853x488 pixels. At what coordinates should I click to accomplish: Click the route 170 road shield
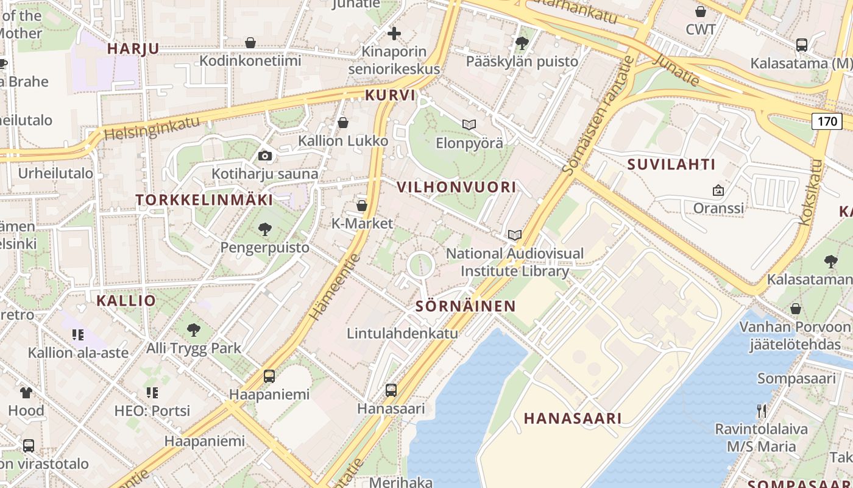click(x=827, y=121)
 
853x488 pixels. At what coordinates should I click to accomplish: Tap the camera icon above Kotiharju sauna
click(x=264, y=156)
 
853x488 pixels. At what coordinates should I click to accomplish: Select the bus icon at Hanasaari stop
click(x=391, y=390)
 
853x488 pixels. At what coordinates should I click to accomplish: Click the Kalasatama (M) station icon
click(x=802, y=45)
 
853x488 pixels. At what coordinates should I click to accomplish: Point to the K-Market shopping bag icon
click(x=362, y=206)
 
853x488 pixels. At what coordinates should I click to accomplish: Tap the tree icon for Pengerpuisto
click(x=264, y=229)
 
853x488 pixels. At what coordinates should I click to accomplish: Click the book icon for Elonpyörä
click(x=469, y=124)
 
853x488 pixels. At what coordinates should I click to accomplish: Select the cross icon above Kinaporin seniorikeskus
click(x=394, y=33)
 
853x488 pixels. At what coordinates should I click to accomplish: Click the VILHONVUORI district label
click(x=456, y=187)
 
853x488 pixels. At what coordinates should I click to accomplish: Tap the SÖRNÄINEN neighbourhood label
click(x=465, y=306)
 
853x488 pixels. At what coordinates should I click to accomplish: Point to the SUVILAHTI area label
click(x=671, y=164)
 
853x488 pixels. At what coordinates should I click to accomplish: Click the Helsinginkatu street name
click(x=152, y=127)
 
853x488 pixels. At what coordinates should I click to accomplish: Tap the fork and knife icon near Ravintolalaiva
click(x=761, y=411)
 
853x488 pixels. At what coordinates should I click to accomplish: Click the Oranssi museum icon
click(x=718, y=190)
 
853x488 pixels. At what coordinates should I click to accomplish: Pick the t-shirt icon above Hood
click(x=26, y=392)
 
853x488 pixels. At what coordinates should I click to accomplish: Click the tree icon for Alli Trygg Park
click(x=194, y=330)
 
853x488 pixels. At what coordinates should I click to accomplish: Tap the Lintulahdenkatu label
click(x=402, y=334)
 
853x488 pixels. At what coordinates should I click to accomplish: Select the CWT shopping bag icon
click(x=701, y=11)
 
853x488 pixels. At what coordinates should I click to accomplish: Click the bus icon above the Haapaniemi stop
click(x=269, y=376)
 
